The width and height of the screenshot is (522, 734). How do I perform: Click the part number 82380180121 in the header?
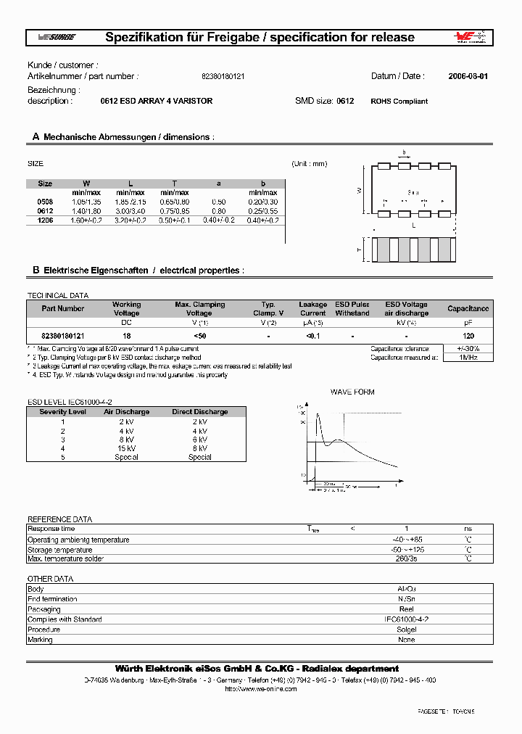[223, 76]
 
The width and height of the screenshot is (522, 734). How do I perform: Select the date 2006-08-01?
[468, 76]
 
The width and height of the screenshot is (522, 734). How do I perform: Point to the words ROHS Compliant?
[399, 102]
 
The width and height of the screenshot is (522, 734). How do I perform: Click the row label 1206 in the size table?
[45, 219]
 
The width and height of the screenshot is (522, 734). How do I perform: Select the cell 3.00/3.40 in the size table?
[131, 210]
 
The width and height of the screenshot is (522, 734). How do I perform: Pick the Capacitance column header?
[468, 309]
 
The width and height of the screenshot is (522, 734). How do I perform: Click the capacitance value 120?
[468, 337]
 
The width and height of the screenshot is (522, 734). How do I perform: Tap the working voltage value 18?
[126, 337]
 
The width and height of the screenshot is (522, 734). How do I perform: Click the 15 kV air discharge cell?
[126, 448]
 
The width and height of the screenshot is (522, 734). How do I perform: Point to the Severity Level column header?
[62, 412]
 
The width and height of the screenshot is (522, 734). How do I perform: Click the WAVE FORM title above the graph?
[352, 392]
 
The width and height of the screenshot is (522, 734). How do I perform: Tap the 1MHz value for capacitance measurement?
[468, 358]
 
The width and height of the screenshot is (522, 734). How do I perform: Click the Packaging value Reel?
[406, 609]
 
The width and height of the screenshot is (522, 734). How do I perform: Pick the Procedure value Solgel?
[406, 630]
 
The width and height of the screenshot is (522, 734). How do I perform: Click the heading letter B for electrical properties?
[35, 271]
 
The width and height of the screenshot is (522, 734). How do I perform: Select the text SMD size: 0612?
[324, 102]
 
